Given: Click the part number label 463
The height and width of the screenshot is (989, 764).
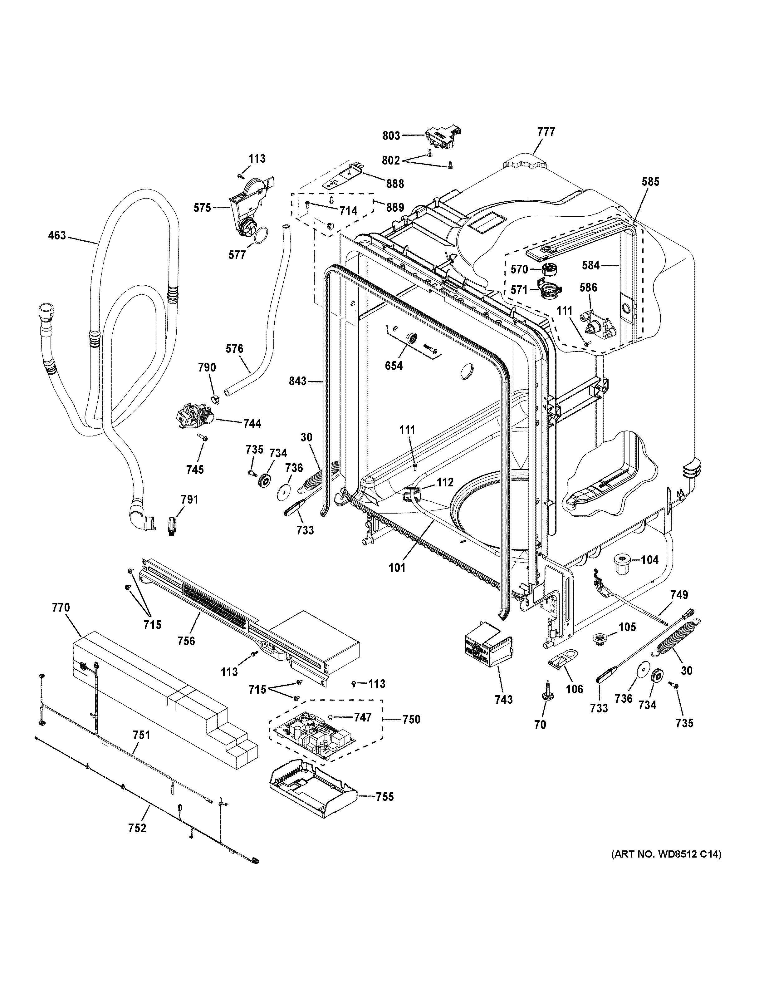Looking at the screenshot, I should (x=57, y=235).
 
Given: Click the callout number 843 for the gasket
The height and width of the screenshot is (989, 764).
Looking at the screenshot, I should (x=298, y=382).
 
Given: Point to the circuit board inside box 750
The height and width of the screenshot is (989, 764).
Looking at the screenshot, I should (x=313, y=738).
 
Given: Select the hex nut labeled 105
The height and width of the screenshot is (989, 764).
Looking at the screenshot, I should (x=600, y=640).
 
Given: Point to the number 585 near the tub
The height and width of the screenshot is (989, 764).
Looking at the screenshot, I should (x=650, y=182).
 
